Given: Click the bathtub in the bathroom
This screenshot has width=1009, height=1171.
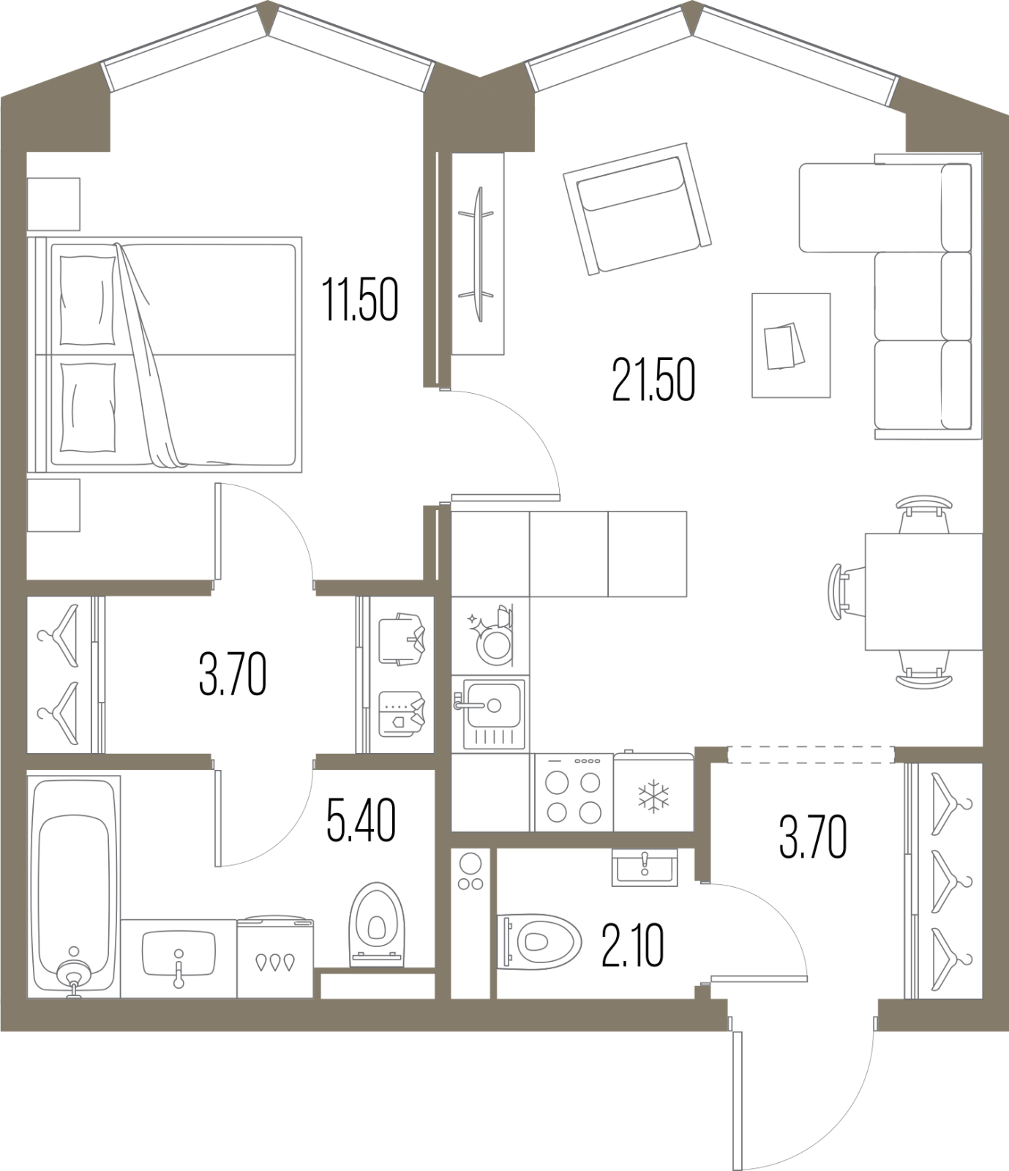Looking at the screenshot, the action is point(74,886).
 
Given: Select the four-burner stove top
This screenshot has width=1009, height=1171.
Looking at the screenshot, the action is point(574,793).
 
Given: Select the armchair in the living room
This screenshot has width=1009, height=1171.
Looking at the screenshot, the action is point(637,208).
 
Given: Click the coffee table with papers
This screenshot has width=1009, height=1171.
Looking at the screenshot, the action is point(791,345).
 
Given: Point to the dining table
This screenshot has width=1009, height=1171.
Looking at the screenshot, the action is point(923,591).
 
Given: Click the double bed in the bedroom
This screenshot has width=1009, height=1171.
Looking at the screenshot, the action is point(165,354).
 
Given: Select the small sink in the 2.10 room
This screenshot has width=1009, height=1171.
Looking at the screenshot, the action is point(645,868).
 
